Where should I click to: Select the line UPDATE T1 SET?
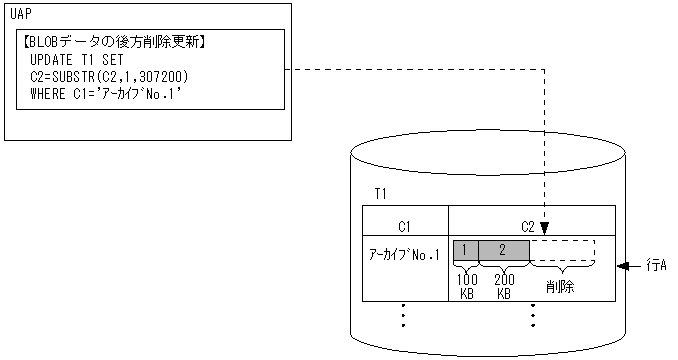click(x=76, y=60)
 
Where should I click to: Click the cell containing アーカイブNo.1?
click(x=405, y=256)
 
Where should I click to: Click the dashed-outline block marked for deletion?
click(x=562, y=249)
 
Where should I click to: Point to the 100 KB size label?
click(x=466, y=286)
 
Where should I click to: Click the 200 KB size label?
click(x=504, y=286)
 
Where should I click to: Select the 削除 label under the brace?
click(x=560, y=286)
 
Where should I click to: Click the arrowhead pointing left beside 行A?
click(x=624, y=266)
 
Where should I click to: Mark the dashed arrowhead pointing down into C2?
click(x=544, y=228)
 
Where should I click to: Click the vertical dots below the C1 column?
click(x=403, y=316)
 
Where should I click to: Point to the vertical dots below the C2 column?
click(x=533, y=316)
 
